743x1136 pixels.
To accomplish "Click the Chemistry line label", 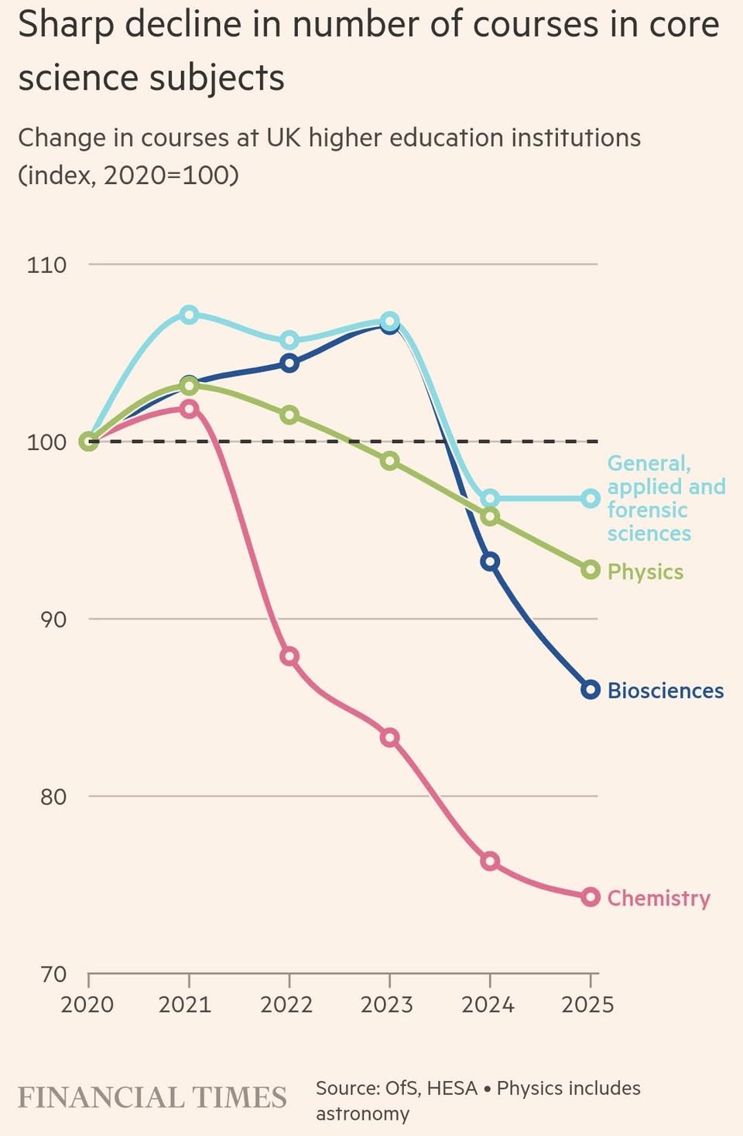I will tap(659, 898).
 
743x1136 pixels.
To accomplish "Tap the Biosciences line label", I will tap(666, 691).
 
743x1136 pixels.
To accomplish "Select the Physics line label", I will tap(645, 571).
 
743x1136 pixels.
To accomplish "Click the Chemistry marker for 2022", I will tap(289, 657).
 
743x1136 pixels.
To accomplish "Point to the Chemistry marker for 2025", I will tap(591, 897).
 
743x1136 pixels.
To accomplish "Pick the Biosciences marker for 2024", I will tap(490, 561).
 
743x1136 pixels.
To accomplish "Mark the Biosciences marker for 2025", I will tap(591, 690).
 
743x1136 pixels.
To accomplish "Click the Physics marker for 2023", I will tap(390, 461).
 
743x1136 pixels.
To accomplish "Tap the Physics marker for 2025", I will tap(591, 570).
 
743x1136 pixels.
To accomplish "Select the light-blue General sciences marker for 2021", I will tap(189, 314).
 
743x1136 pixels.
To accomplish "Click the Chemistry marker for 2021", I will tap(189, 408).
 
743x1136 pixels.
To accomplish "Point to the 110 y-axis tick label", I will tap(46, 265).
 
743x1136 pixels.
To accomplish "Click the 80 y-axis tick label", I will tap(53, 797).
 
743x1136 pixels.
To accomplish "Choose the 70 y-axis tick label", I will tap(53, 974).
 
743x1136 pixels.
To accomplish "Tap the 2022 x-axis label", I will tap(286, 1005).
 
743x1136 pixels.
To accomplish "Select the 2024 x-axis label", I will tap(488, 1005).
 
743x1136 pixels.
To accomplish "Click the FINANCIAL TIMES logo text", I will tap(152, 1098).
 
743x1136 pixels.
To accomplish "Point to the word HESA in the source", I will tap(452, 1088).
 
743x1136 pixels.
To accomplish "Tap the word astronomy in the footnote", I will tap(362, 1114).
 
